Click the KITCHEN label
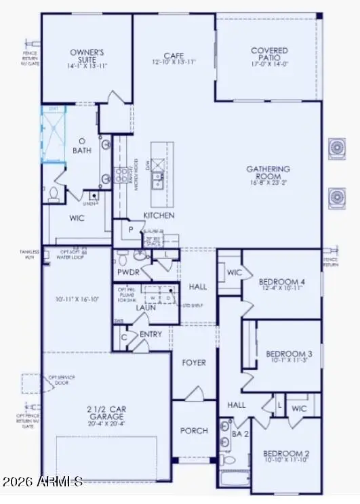click(159, 215)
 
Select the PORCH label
click(193, 431)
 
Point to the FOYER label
click(193, 362)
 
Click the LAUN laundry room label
click(145, 308)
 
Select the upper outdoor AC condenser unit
click(336, 148)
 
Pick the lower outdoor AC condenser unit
click(336, 196)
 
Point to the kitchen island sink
click(157, 180)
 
